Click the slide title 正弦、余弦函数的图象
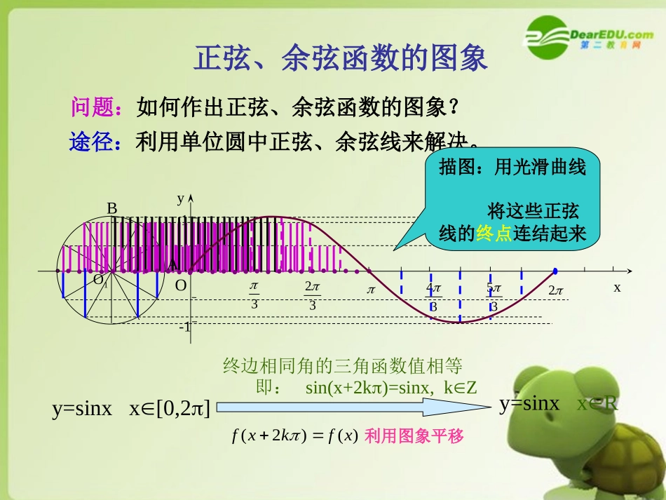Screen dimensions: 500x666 (x=340, y=59)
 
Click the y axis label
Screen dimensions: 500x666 (x=180, y=198)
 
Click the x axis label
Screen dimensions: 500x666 (x=617, y=288)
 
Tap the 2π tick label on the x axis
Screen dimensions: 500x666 (x=556, y=290)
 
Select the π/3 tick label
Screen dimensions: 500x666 (x=254, y=295)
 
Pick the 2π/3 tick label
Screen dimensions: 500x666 (x=313, y=295)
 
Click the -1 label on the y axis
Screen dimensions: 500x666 (x=184, y=327)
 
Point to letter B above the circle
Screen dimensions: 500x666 (x=111, y=208)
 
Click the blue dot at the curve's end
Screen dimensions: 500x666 (x=555, y=271)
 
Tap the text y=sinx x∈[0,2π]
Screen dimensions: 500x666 (x=131, y=409)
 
